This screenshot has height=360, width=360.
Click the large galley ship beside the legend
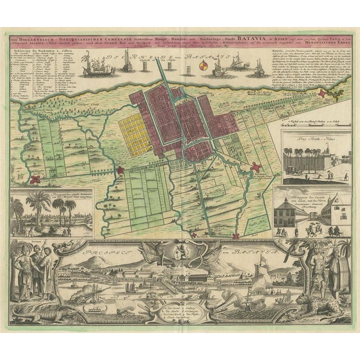99,67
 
